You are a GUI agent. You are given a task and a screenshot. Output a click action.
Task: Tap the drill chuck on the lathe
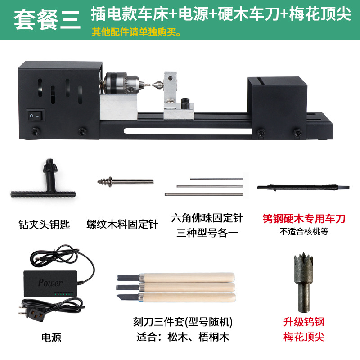point(118,84)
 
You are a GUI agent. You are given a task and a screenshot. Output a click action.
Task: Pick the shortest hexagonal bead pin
point(216,179)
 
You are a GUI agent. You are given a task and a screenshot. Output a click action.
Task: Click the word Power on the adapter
point(50,283)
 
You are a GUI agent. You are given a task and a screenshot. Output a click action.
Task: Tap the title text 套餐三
point(47,21)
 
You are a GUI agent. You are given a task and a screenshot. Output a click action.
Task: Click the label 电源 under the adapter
point(51,337)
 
